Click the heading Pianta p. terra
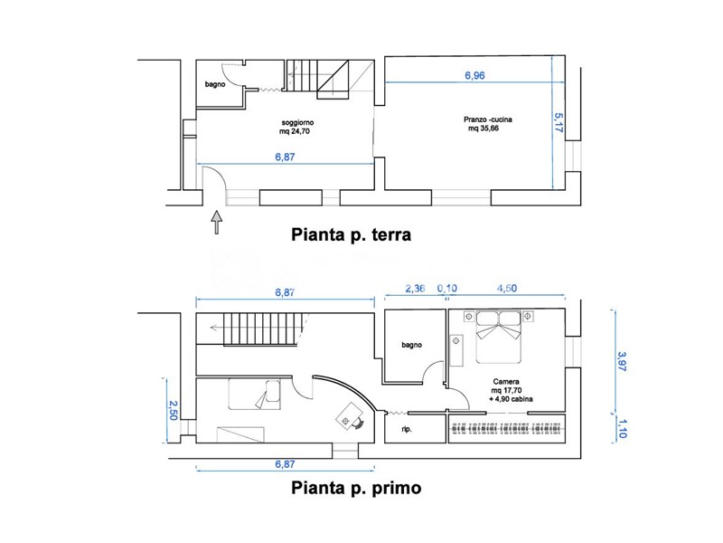coord(351,235)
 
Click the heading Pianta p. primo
coord(354,489)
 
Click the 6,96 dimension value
coord(475,76)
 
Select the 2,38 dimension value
coord(414,290)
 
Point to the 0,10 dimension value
coord(447,290)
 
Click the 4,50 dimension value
coord(505,290)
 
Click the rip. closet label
coord(407,429)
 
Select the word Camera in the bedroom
coord(505,381)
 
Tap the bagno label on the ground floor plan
coord(214,84)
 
